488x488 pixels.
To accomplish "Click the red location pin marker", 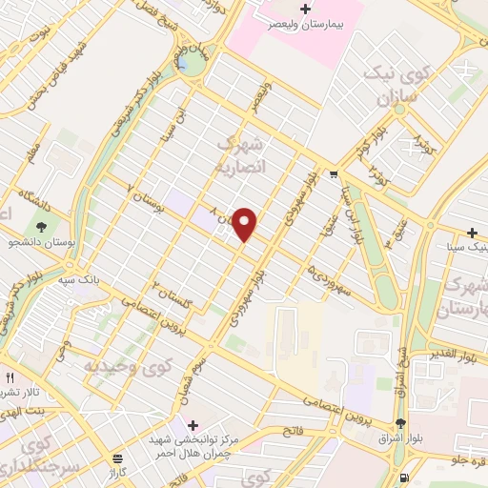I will [246, 223].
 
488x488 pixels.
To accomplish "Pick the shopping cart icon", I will [333, 173].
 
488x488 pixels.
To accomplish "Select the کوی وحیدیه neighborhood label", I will [120, 365].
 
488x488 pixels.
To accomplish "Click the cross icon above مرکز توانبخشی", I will [193, 424].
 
